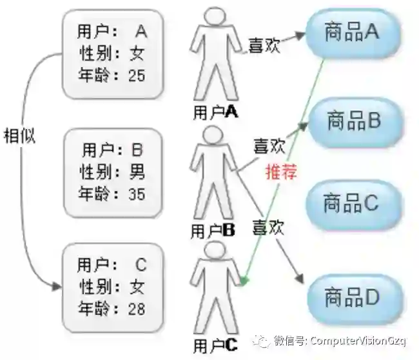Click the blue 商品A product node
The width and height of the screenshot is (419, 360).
coord(353,34)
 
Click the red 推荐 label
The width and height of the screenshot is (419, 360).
coord(280,172)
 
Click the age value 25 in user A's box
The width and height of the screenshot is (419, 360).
coord(137,75)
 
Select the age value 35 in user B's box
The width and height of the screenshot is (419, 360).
coord(137,193)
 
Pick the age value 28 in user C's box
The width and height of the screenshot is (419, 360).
coord(137,308)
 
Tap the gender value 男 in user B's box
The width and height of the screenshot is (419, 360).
coord(137,172)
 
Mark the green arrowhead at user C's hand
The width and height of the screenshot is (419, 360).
coord(244,279)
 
